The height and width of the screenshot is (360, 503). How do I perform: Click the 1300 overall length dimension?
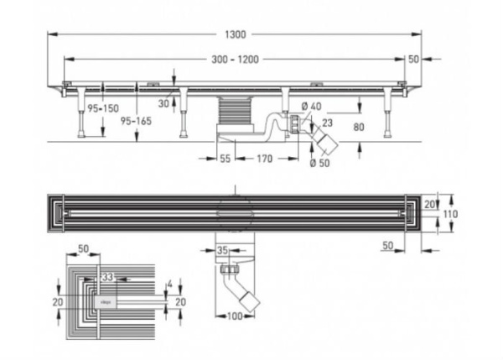point(237,34)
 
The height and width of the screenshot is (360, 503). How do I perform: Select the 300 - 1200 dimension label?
point(236,60)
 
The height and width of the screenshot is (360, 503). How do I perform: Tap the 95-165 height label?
point(135,123)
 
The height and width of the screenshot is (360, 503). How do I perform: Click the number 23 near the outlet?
point(327,122)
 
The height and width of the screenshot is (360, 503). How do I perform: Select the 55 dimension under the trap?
point(226,158)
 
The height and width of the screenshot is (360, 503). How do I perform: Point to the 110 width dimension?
point(449,215)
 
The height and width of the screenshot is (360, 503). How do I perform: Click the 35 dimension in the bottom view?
point(224,249)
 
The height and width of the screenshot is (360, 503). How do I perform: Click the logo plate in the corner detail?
point(108,298)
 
